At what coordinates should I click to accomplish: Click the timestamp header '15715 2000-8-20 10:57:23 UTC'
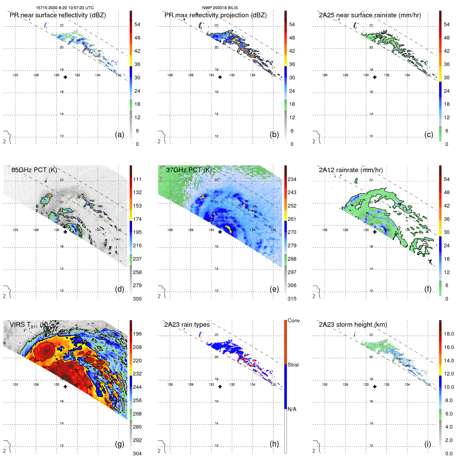coord(64,8)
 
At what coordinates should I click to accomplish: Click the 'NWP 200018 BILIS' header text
coord(220,8)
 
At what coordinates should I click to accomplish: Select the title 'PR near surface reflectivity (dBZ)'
coord(58,15)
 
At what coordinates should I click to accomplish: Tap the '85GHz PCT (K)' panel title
coord(34,170)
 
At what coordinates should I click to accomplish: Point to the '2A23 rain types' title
coord(187,325)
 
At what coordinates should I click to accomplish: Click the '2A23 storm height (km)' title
coord(353,325)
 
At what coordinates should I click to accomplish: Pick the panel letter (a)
coord(119,134)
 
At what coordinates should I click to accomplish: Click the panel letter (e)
coord(274,289)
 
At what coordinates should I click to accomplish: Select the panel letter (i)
coord(428,444)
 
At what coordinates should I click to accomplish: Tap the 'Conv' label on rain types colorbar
coord(293,320)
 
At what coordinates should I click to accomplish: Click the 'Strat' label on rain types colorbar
coord(293,365)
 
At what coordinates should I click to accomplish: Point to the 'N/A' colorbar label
coord(292,409)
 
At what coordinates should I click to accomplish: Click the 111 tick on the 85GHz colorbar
coord(137,179)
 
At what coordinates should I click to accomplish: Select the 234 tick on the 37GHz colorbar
coord(292,179)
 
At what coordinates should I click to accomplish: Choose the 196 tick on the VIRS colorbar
coord(137,334)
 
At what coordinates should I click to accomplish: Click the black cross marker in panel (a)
coord(65,77)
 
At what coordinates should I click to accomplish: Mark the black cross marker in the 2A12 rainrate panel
coord(375,232)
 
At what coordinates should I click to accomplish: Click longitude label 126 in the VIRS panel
coord(15,385)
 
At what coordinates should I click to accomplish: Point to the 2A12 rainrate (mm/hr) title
coord(351,170)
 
